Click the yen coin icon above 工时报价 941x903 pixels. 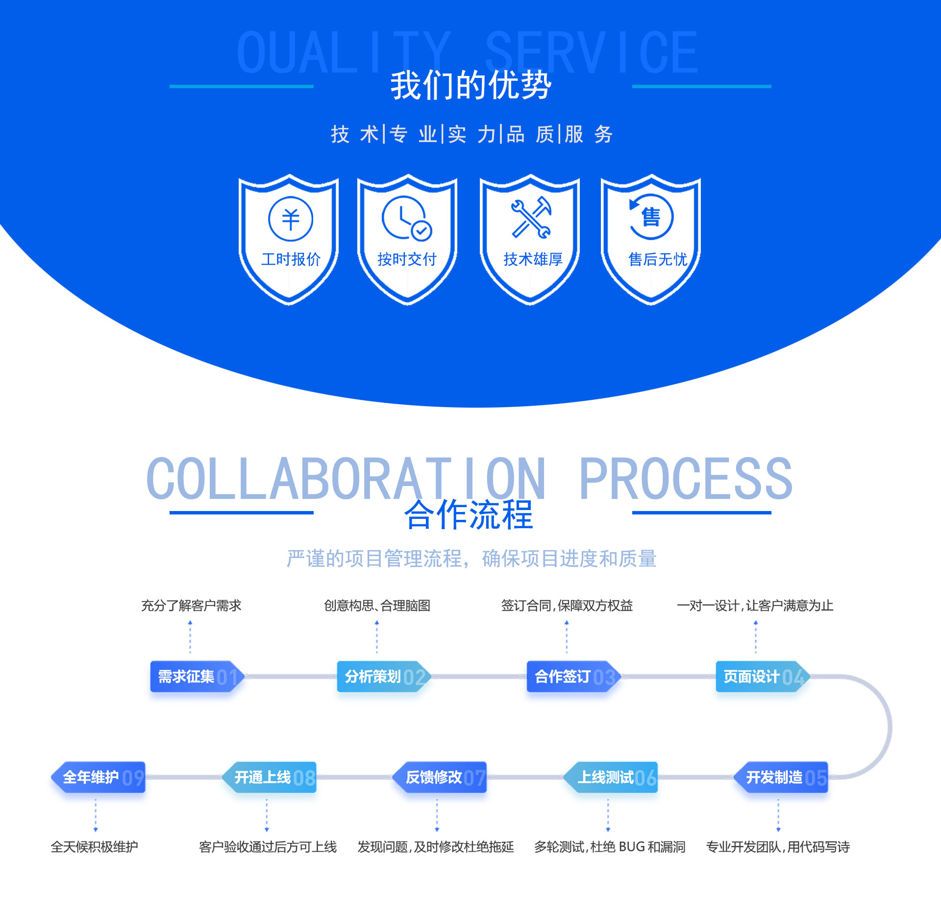291,219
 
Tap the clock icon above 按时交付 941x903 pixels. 406,219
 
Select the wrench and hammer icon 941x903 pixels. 531,218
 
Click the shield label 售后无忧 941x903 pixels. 658,259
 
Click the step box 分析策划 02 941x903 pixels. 384,677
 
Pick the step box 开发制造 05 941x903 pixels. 782,777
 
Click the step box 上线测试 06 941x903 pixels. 611,777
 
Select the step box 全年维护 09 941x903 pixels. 99,777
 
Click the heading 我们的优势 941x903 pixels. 470,85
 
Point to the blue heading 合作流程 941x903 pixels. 469,515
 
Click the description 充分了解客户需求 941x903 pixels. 191,606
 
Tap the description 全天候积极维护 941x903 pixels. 94,847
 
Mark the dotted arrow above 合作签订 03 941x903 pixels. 567,636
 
